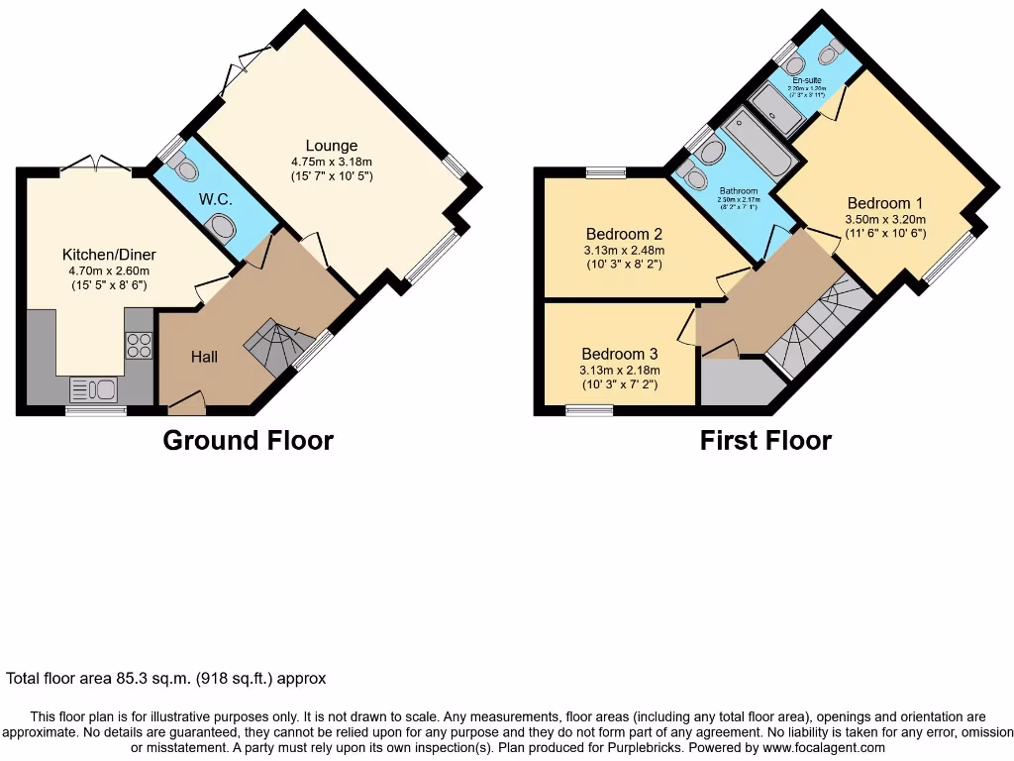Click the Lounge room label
pyautogui.click(x=331, y=146)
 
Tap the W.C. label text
pyautogui.click(x=216, y=199)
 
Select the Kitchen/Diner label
pyautogui.click(x=109, y=255)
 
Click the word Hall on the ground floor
pyautogui.click(x=204, y=357)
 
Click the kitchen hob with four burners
pyautogui.click(x=139, y=345)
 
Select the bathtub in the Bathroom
pyautogui.click(x=757, y=146)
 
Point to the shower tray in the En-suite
pyautogui.click(x=777, y=110)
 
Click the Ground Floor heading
pyautogui.click(x=248, y=440)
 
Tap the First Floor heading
pyautogui.click(x=765, y=440)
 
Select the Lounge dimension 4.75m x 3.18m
pyautogui.click(x=331, y=162)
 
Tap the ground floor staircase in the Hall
pyautogui.click(x=271, y=347)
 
